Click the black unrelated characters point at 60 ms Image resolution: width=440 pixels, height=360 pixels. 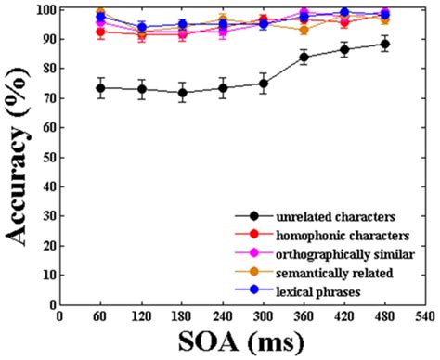100,88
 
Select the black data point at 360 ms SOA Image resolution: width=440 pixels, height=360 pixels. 304,58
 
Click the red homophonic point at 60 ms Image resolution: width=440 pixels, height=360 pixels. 100,32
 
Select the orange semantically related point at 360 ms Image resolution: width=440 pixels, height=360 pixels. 304,30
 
